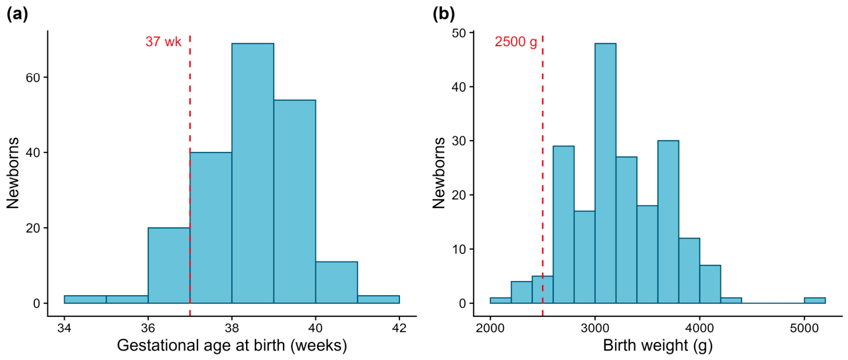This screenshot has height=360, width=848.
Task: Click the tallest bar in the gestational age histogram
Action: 252,173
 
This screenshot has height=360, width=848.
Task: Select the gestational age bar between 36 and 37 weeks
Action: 169,265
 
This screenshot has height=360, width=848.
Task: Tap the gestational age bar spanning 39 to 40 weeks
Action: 295,201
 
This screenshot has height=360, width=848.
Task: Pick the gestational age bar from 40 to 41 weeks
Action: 336,282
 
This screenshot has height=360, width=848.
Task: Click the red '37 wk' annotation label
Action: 163,41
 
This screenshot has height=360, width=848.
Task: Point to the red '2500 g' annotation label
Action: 516,42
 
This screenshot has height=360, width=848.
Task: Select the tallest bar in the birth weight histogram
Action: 606,173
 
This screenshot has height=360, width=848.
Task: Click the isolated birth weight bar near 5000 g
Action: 815,301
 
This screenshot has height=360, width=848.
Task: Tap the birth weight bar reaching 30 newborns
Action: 668,222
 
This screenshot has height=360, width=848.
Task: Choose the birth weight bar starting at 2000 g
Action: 500,301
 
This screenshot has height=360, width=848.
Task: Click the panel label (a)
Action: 17,14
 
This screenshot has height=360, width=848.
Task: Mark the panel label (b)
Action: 444,14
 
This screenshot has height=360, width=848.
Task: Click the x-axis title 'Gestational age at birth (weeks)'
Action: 232,345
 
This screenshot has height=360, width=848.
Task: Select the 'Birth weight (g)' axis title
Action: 657,345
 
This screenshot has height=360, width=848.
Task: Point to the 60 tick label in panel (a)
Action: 32,78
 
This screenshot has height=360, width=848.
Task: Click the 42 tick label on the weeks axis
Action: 399,327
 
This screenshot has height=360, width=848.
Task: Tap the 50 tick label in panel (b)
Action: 459,33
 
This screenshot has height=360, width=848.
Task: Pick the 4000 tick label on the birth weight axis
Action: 700,327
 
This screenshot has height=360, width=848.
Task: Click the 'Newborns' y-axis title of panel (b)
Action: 439,173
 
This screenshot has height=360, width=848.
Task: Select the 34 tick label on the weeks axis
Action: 64,327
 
